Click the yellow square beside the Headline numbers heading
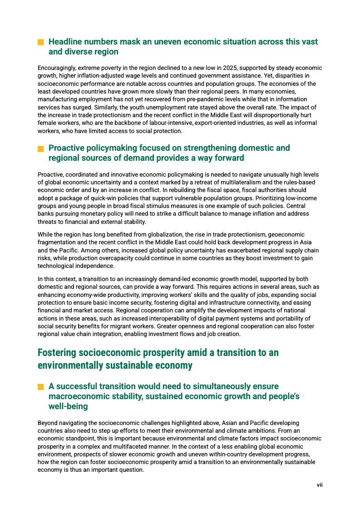click(40, 42)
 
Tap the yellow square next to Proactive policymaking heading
click(40, 148)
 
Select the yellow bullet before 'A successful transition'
click(40, 387)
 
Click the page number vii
click(320, 485)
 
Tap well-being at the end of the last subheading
click(68, 407)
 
